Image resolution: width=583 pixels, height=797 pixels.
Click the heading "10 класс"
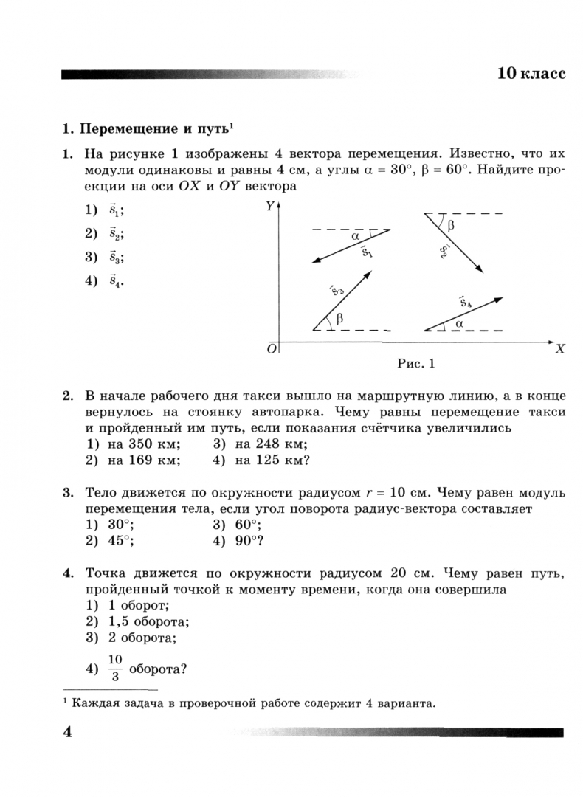531,74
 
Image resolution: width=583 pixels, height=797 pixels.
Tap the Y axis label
269,207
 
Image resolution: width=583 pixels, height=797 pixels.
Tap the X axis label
559,350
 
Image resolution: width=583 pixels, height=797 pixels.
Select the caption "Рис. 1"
417,363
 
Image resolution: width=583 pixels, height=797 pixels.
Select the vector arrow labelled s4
463,314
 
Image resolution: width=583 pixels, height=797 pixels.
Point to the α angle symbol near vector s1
356,236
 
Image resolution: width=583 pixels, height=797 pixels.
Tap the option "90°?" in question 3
250,540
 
